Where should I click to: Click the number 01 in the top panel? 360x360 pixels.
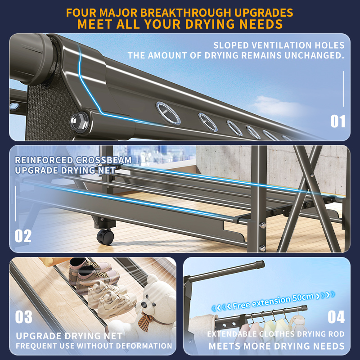[x=338, y=121]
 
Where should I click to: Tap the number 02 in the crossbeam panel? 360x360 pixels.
[x=23, y=236]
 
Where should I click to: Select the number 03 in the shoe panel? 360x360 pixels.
[x=24, y=317]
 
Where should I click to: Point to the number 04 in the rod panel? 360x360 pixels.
[x=336, y=317]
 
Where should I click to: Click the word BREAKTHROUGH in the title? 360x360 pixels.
[x=185, y=13]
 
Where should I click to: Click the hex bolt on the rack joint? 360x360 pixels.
[x=80, y=121]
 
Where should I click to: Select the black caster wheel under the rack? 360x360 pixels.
[x=105, y=237]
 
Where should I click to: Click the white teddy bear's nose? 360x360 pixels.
[x=144, y=305]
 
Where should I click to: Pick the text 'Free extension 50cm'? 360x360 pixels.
[x=273, y=301]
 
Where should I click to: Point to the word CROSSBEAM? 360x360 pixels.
[x=103, y=160]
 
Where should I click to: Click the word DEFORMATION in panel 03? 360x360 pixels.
[x=144, y=346]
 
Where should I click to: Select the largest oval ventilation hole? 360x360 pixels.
[x=168, y=113]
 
